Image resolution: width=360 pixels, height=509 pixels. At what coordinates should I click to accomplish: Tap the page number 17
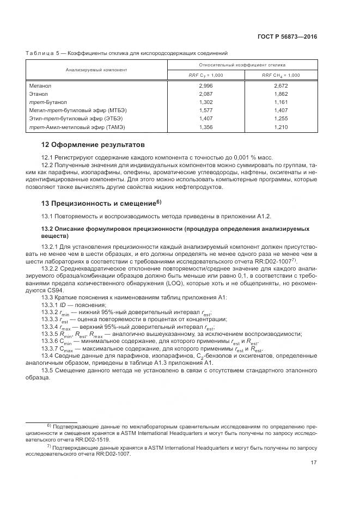coord(313,463)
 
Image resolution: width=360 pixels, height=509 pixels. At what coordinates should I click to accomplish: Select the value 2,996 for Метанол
coord(206,86)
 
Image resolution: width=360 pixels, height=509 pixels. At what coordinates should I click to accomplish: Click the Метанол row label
coord(39,86)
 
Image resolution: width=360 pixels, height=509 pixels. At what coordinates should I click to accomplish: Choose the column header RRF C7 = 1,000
coord(206,75)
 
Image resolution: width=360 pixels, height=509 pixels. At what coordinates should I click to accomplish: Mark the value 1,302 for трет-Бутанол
coord(206,102)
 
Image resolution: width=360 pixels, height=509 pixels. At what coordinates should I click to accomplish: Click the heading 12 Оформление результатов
coord(94,145)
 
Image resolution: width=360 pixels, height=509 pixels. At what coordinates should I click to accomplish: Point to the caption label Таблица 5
coord(41,53)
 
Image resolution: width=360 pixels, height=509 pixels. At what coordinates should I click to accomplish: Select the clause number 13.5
coord(47,372)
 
